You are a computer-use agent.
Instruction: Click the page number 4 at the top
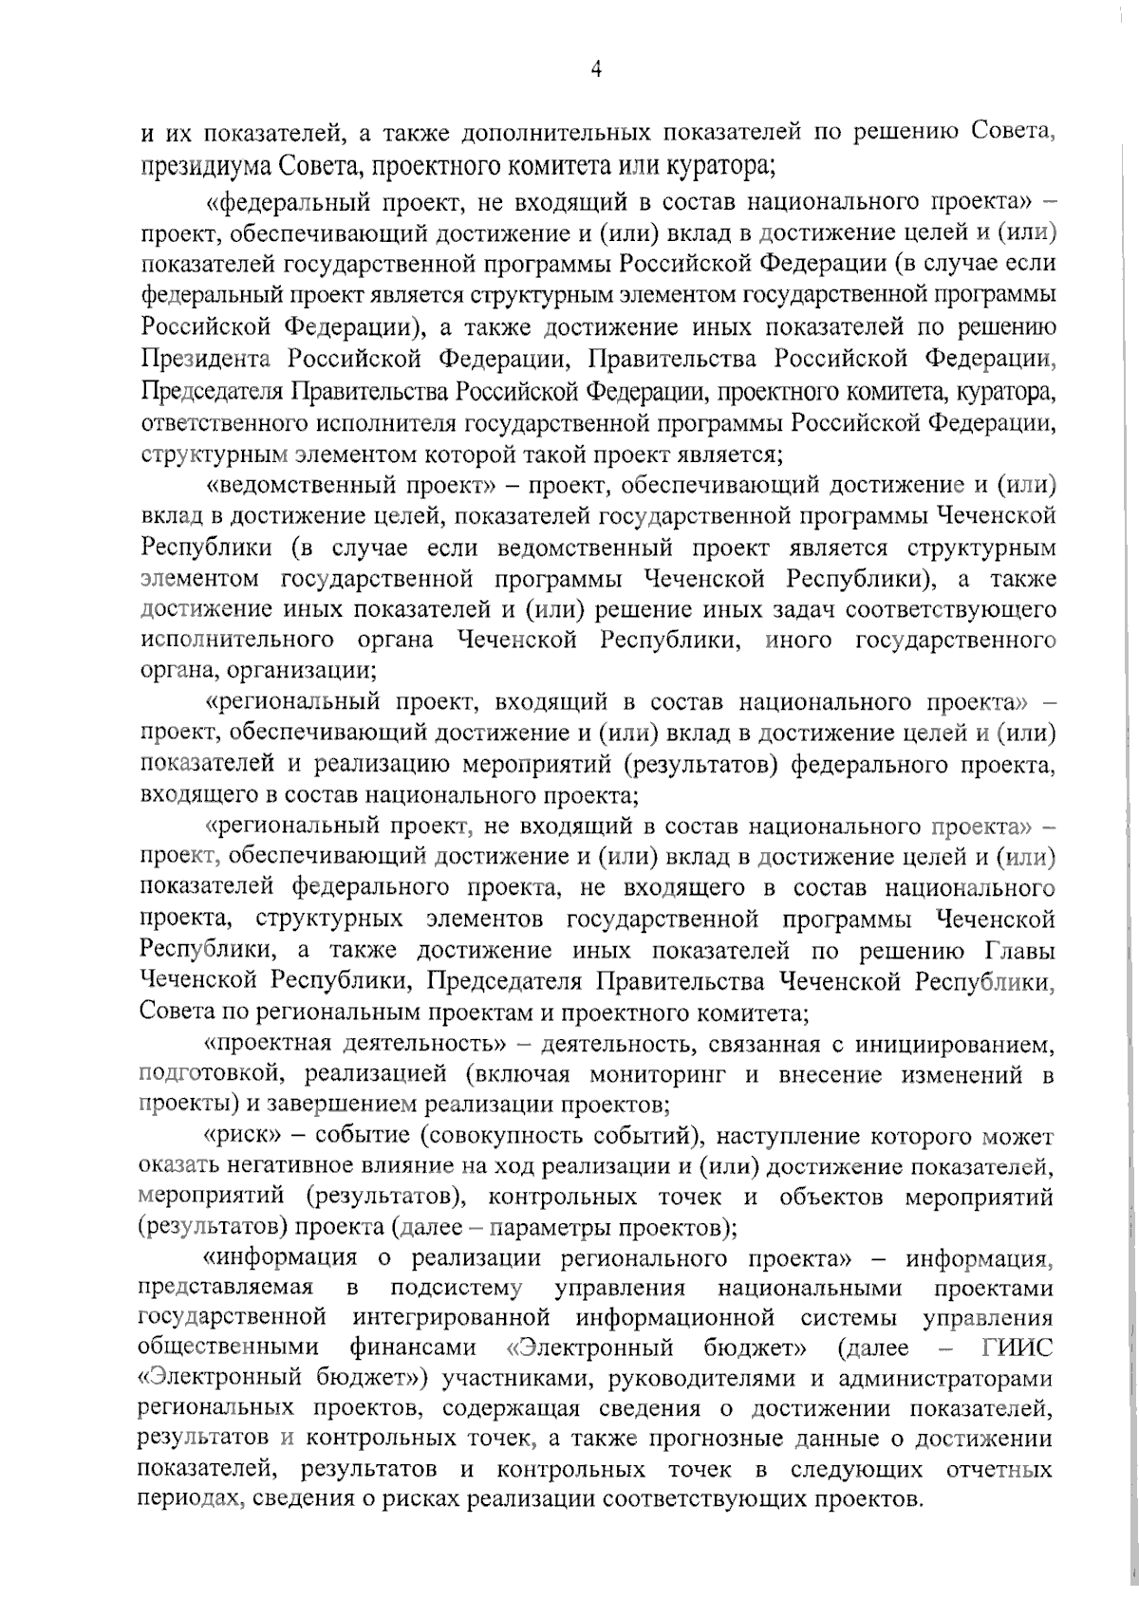(x=596, y=69)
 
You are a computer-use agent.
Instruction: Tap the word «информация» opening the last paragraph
(x=281, y=1258)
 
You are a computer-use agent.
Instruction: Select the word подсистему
(x=457, y=1289)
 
